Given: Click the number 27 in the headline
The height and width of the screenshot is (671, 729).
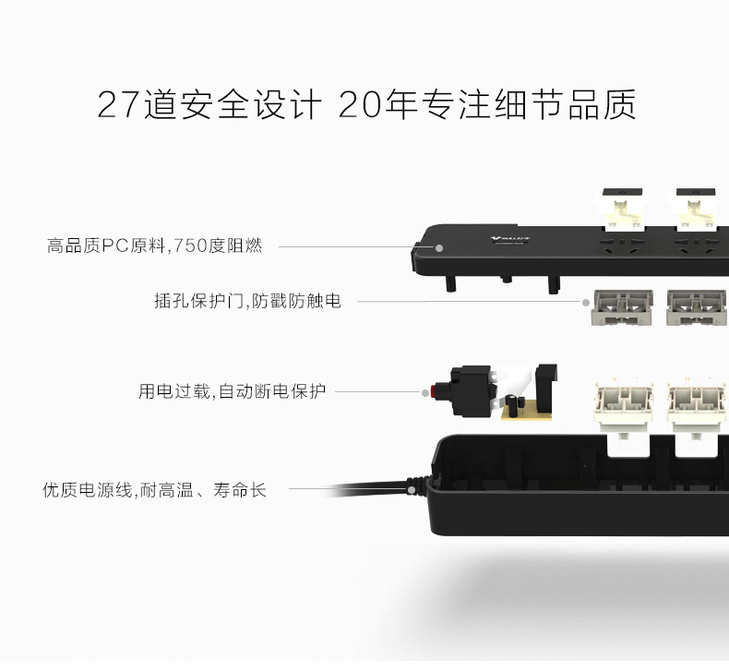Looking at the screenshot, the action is (x=118, y=104).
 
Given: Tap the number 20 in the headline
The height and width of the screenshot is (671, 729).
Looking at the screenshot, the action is (x=360, y=104).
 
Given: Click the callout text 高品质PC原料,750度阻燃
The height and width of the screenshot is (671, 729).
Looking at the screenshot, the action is (x=154, y=246).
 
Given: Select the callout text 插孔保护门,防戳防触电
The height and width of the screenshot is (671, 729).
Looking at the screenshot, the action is (x=248, y=301).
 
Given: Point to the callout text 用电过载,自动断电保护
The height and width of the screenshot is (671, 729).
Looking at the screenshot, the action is (x=232, y=391).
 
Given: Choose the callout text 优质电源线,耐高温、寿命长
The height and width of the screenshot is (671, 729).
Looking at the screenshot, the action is (x=154, y=490).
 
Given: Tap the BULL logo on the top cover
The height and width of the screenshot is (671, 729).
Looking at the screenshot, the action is (x=510, y=238).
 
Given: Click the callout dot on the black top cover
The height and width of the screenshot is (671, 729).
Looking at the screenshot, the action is (x=439, y=248).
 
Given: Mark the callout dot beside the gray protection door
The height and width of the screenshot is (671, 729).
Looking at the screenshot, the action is (x=586, y=302).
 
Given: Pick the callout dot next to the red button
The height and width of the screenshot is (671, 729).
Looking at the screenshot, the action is (x=424, y=393).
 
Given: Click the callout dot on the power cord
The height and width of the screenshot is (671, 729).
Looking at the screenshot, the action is (x=412, y=490).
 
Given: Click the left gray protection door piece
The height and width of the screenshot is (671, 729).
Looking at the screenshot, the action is (x=622, y=307).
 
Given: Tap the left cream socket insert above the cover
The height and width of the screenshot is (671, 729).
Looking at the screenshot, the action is (x=623, y=210).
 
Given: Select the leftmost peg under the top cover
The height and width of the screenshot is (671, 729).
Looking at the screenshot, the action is (x=450, y=283).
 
